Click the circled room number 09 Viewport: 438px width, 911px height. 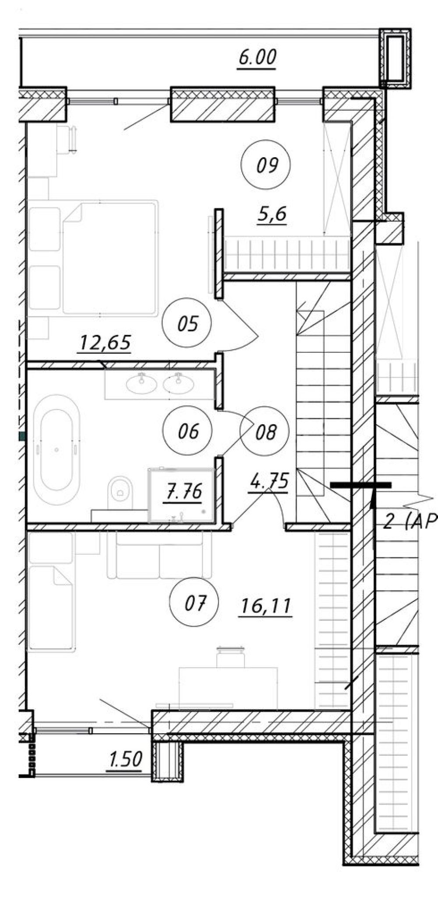[x=266, y=165]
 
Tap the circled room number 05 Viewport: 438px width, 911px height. [x=187, y=324]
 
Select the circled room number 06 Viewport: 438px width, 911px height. [x=187, y=431]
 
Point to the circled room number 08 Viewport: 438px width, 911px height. [x=265, y=432]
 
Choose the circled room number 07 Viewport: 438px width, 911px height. [x=194, y=604]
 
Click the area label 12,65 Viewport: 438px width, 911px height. [x=104, y=342]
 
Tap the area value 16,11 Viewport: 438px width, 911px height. [x=266, y=606]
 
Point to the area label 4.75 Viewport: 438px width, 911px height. [x=268, y=483]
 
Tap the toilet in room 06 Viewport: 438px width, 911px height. [x=120, y=492]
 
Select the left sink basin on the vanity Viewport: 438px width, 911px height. [x=141, y=383]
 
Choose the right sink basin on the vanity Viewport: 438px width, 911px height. [x=178, y=383]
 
